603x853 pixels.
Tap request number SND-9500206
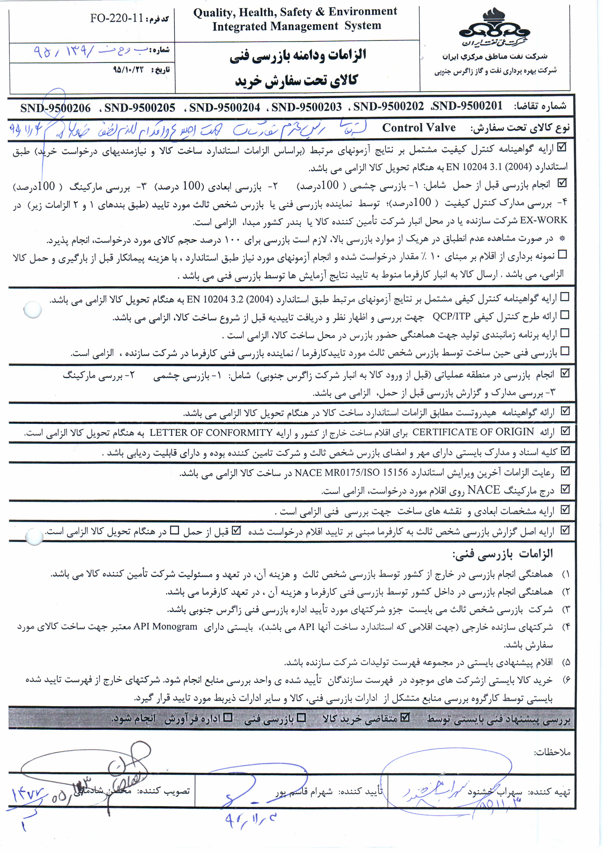[55, 108]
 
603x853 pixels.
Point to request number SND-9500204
[224, 108]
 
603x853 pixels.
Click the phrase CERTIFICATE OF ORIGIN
[473, 432]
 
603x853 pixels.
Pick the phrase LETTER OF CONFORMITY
[211, 433]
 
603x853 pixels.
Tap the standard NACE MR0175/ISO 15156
[351, 473]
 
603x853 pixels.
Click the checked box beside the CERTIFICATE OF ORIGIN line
[565, 431]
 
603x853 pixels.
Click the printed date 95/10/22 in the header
[128, 70]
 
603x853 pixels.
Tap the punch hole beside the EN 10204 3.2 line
[32, 310]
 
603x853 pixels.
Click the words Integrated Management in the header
[275, 26]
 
